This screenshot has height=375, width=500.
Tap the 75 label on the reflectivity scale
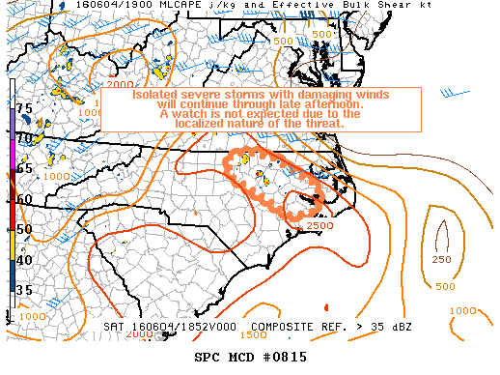24,108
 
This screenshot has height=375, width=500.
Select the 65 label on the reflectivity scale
24,168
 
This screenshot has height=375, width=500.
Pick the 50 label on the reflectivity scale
24,229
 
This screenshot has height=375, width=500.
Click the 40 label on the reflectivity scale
24,259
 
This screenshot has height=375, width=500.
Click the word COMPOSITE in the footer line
291,328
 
